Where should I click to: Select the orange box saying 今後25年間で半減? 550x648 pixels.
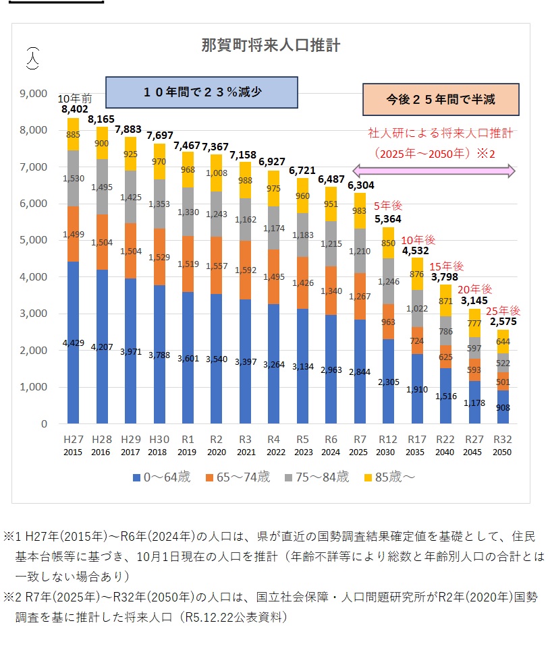tap(441, 99)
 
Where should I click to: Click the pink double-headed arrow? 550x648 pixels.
tap(435, 172)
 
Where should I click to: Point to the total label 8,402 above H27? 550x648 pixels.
tap(74, 109)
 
